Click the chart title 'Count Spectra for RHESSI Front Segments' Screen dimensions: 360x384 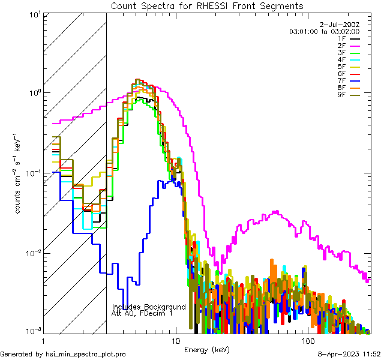(x=207, y=6)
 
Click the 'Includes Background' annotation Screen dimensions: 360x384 (x=149, y=307)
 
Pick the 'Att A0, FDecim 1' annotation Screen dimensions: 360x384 (x=142, y=313)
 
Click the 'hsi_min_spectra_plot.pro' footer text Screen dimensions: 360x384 (x=86, y=354)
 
